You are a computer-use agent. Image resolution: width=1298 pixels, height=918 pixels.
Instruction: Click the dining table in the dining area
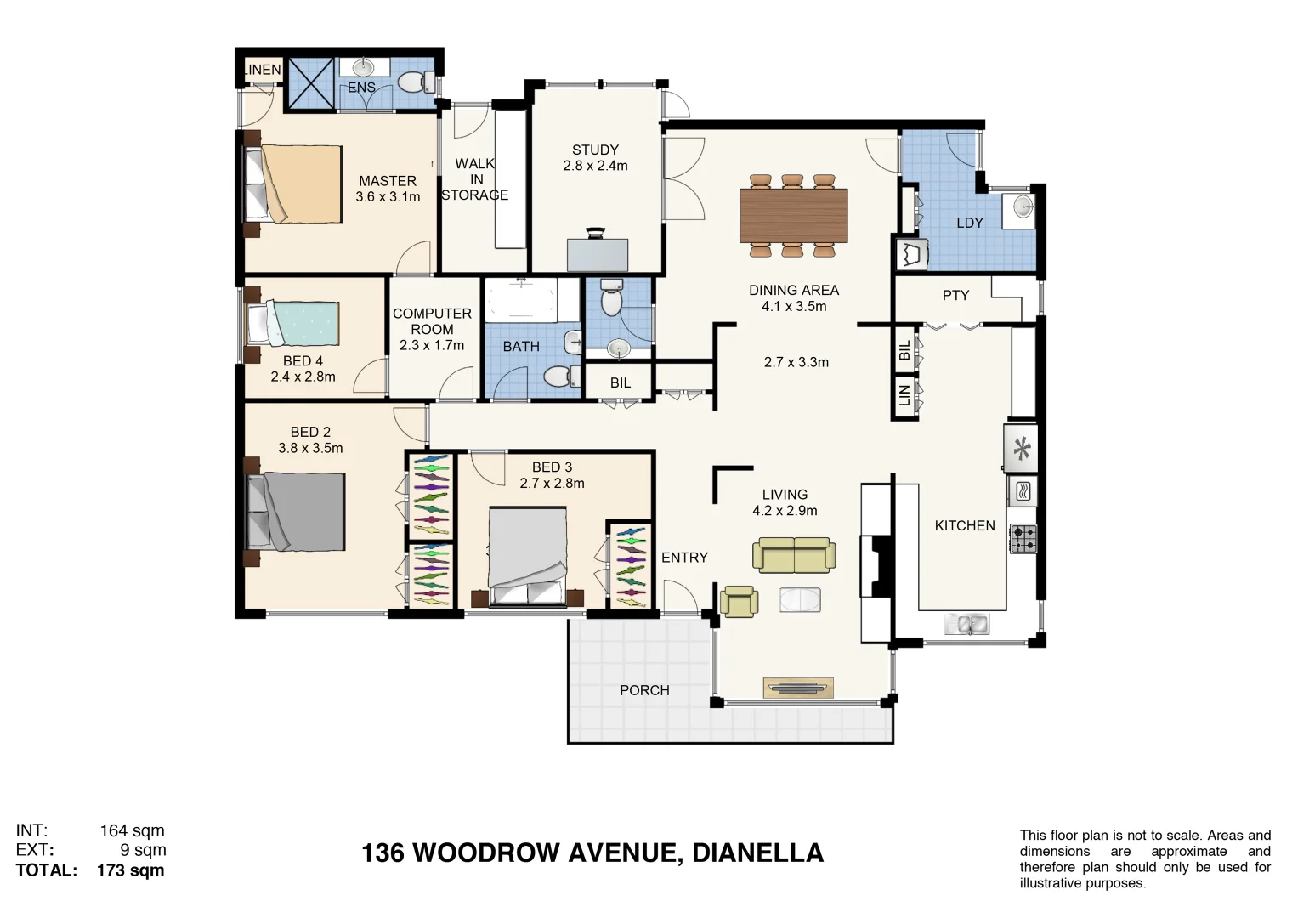click(x=793, y=215)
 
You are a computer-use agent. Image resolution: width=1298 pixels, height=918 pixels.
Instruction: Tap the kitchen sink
click(x=966, y=625)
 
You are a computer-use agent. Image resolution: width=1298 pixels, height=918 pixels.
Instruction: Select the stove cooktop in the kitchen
click(x=1023, y=539)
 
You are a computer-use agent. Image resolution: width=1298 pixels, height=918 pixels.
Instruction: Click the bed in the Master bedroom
click(x=294, y=184)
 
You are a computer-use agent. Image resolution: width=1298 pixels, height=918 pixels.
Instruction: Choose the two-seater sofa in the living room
click(x=794, y=555)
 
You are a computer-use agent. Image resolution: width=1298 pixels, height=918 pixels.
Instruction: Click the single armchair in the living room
click(x=739, y=601)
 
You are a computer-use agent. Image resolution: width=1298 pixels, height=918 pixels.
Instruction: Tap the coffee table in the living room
click(x=800, y=600)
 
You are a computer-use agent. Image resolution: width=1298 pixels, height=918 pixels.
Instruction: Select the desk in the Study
click(x=597, y=255)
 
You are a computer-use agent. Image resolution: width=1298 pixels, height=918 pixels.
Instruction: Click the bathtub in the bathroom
click(x=520, y=299)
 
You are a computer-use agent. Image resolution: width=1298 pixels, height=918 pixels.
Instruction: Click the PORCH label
click(x=644, y=690)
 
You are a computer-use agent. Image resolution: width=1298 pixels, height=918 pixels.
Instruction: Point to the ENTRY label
click(x=684, y=558)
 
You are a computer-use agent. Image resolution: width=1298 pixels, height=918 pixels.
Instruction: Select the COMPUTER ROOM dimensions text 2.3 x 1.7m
click(x=432, y=345)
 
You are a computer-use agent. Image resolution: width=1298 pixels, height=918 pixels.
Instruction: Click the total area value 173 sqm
click(x=130, y=870)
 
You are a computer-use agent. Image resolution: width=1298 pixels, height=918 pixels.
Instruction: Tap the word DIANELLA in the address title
click(x=757, y=853)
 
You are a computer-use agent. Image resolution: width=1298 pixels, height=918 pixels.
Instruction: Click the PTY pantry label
click(x=955, y=296)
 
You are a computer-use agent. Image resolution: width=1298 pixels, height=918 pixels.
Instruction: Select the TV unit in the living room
click(x=798, y=688)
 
